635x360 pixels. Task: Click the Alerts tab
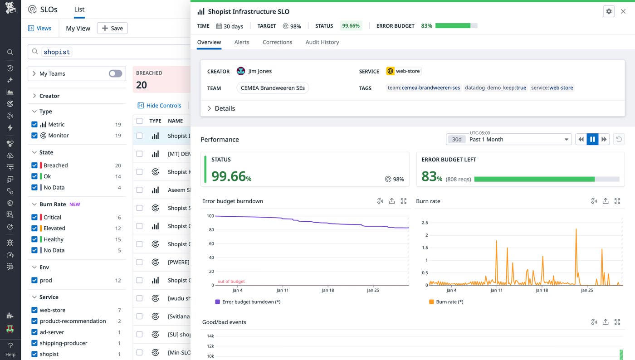coord(241,42)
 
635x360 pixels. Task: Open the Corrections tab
coord(277,42)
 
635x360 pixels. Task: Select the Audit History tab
coord(322,42)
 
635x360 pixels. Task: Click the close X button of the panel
coord(623,11)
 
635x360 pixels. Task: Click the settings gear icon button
coord(609,11)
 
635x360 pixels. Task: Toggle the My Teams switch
coord(115,73)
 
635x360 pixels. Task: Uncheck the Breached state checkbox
coord(34,165)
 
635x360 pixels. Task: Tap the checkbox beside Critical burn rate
coord(34,217)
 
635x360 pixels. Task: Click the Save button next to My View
coord(112,28)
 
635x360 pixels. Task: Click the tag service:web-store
coord(552,88)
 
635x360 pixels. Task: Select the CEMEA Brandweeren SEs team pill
coord(273,88)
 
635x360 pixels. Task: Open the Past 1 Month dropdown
coord(508,140)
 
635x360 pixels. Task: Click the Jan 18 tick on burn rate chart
coord(542,290)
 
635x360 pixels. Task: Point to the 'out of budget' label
coord(231,282)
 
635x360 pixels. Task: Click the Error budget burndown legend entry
coord(248,302)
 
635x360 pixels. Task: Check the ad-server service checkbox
coord(34,332)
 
